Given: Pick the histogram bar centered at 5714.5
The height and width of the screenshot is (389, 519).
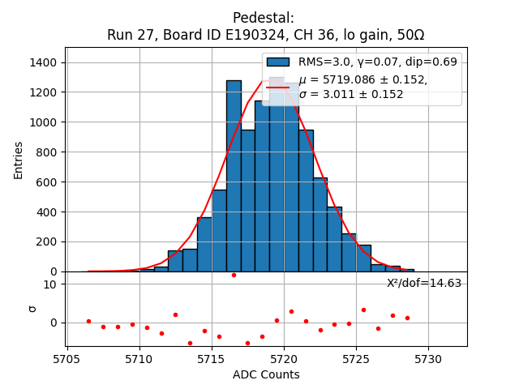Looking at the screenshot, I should pos(204,244).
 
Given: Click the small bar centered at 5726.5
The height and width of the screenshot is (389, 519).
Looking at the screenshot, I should pos(378,267).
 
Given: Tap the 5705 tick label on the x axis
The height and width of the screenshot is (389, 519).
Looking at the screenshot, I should pos(66,358).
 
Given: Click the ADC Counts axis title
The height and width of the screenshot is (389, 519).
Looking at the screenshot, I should pos(266,374).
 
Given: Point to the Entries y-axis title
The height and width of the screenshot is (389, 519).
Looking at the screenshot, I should pos(19,160).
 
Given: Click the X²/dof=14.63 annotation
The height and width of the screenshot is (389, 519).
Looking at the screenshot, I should pos(424,283).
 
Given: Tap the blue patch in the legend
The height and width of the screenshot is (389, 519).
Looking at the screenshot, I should pos(278,62).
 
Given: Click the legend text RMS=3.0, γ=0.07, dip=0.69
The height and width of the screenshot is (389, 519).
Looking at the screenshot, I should pos(377,62).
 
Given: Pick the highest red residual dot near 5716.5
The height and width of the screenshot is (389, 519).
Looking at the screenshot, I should pos(234,275).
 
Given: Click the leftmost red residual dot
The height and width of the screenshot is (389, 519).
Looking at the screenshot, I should pos(88,321).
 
